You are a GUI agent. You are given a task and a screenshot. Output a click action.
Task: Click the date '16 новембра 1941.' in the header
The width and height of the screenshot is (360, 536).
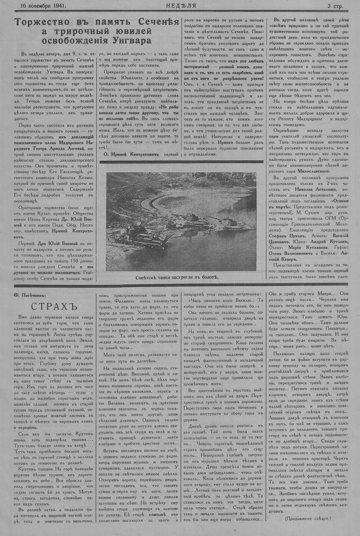40,6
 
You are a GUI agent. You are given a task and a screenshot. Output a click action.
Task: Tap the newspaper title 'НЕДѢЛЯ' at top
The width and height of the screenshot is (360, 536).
181,6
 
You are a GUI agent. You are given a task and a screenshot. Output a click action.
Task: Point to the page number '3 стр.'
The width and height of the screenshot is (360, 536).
335,6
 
